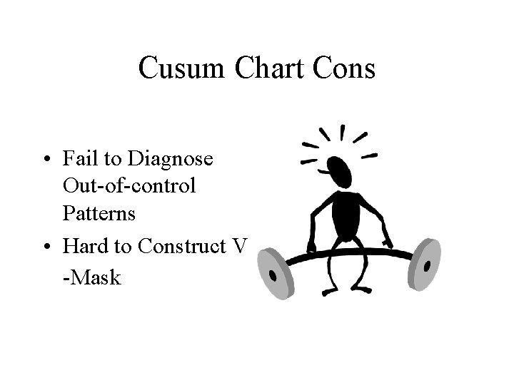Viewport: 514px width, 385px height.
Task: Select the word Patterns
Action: point(98,213)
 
